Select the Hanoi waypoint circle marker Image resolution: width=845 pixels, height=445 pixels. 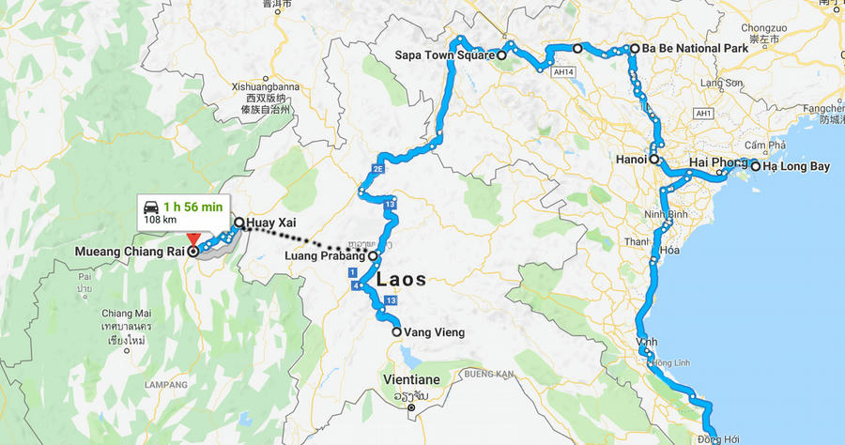click(x=654, y=160)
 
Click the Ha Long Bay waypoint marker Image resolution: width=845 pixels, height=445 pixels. click(x=755, y=167)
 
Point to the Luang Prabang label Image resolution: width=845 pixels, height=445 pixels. click(x=326, y=256)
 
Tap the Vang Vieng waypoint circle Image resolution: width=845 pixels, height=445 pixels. click(x=396, y=331)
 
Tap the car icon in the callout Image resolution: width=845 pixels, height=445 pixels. click(x=150, y=205)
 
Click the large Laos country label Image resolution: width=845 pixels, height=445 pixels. click(x=401, y=280)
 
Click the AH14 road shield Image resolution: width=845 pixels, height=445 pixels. click(x=562, y=71)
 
